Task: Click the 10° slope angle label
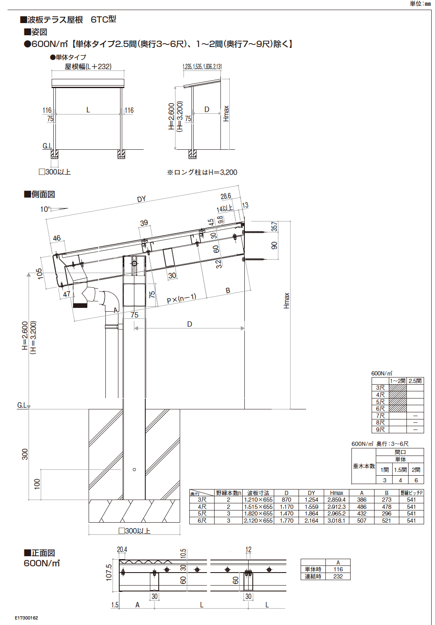point(45,209)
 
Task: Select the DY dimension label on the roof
point(142,199)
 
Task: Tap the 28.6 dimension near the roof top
point(226,196)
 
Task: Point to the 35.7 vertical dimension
point(274,227)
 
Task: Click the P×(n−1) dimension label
point(181,299)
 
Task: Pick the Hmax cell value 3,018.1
point(336,521)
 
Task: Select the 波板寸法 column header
point(258,493)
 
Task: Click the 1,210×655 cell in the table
point(258,500)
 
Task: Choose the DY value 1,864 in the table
point(311,513)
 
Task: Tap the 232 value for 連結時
point(338,576)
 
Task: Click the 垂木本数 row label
point(364,466)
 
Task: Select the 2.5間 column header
point(415,381)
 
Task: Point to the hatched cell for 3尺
point(398,388)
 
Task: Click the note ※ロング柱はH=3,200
point(202,172)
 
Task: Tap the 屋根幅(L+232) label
point(88,67)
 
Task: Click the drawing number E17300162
point(26,618)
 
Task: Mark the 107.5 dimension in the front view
point(109,572)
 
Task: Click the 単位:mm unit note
point(420,4)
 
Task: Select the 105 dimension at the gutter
point(40,273)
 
